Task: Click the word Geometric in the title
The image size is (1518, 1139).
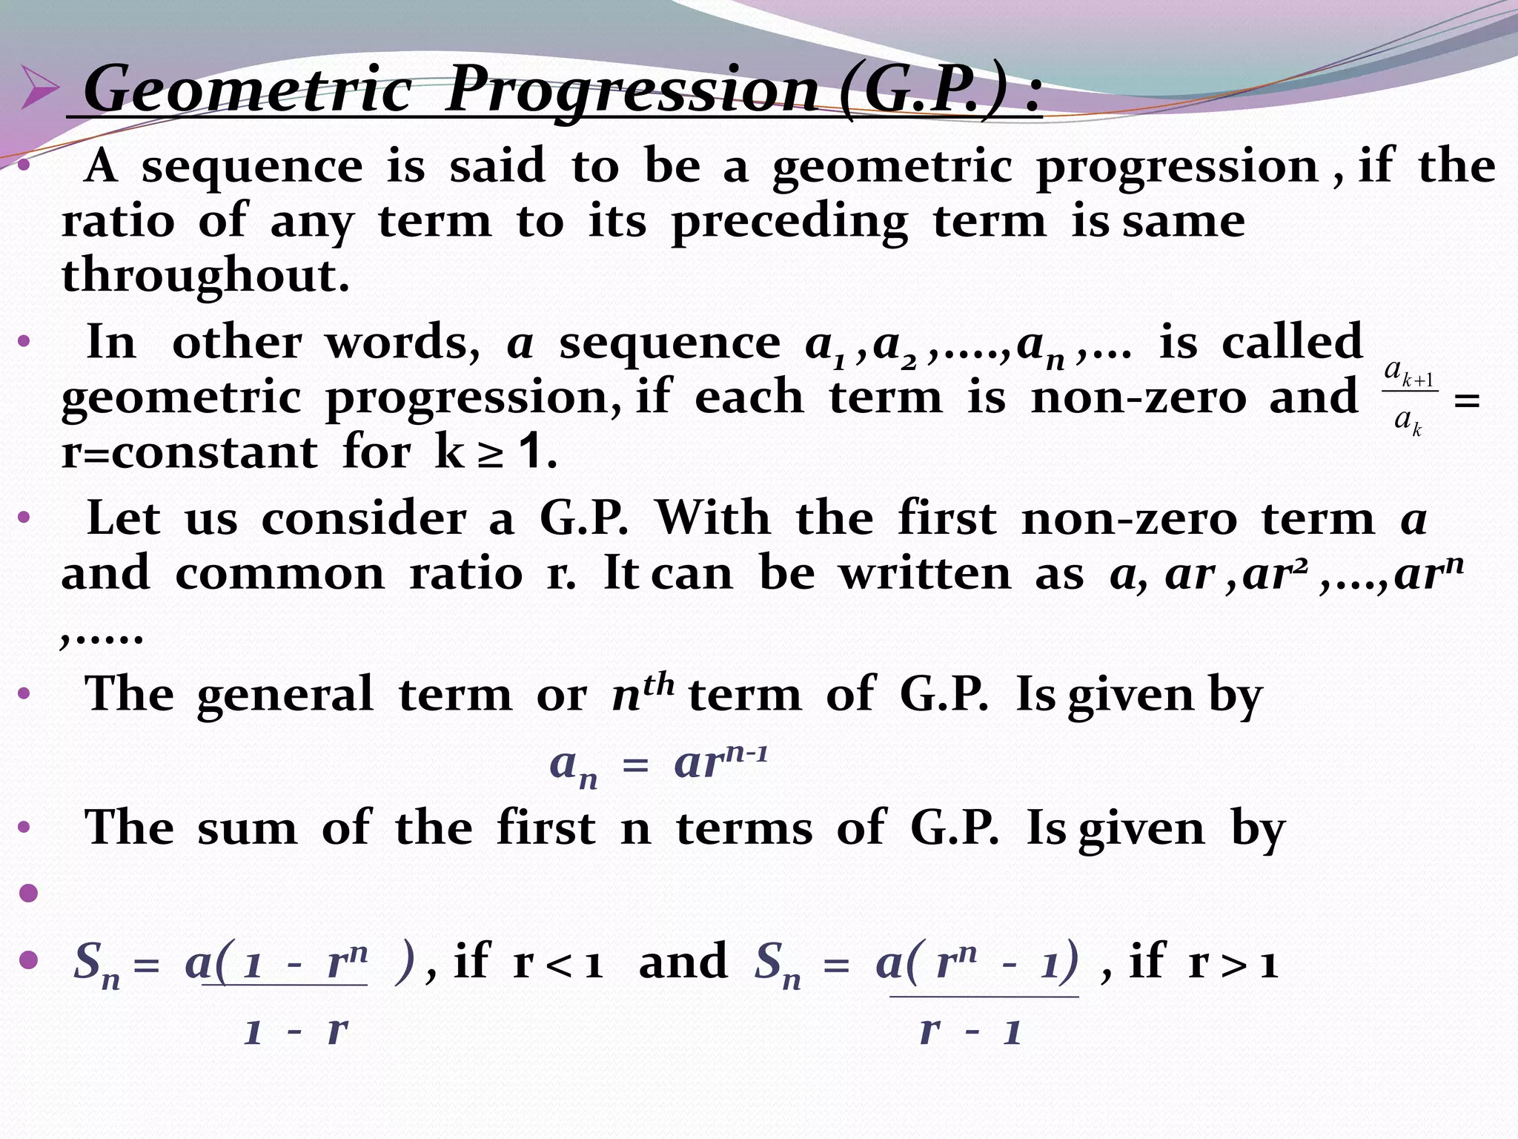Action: pos(248,90)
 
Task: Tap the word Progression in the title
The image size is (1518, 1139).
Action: pos(632,90)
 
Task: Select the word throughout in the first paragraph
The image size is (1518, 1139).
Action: pos(205,276)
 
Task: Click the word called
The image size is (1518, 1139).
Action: pos(1292,343)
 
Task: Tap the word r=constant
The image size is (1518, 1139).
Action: pos(190,452)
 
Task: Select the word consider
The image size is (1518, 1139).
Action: pos(363,518)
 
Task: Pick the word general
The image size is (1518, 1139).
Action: pos(285,695)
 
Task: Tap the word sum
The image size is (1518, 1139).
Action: pos(247,828)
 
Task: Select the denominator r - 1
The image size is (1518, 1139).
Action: pos(970,1031)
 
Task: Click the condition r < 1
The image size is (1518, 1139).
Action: pos(557,963)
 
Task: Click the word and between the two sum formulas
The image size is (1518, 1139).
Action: pos(683,962)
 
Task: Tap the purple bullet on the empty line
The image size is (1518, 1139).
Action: pos(29,893)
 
